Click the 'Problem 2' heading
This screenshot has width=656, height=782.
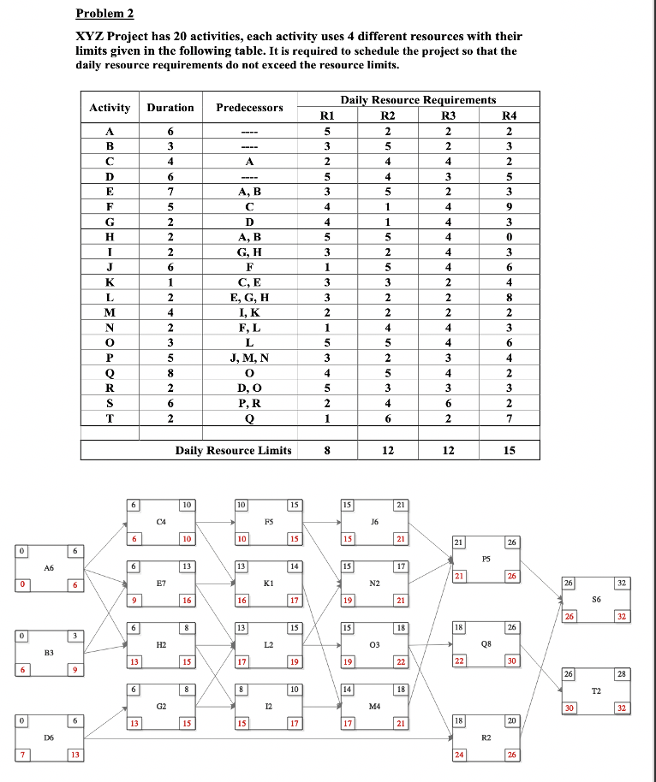pos(104,14)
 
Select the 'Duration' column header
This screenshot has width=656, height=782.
pos(170,108)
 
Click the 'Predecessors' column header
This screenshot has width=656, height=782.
pos(249,108)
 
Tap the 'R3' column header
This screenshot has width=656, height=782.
pos(448,116)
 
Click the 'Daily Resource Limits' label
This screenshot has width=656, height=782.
pos(233,450)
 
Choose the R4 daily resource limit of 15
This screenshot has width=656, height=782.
pos(510,450)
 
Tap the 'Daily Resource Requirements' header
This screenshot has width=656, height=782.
pos(418,100)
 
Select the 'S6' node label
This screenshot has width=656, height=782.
pos(595,599)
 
